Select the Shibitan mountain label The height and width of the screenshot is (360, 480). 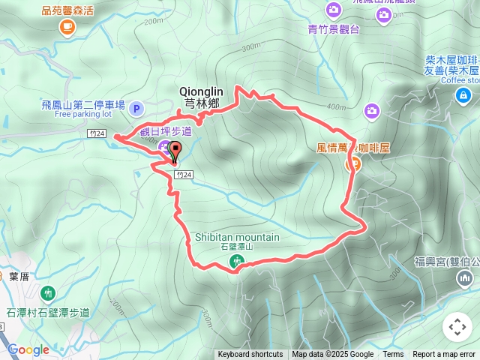[237, 238]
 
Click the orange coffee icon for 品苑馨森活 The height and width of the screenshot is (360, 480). [67, 27]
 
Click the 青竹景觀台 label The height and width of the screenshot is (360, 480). [334, 29]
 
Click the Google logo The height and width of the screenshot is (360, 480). [28, 349]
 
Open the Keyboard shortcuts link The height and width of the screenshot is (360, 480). [250, 355]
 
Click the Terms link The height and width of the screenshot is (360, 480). [393, 355]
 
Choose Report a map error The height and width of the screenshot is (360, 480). [445, 355]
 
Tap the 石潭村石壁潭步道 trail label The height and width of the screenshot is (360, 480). [48, 313]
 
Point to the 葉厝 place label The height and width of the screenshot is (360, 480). [19, 276]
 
